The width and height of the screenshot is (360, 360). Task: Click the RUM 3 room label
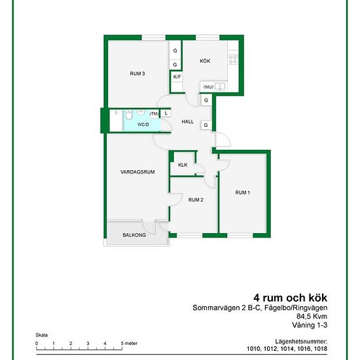[x=137, y=74]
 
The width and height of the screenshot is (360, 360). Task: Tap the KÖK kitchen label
[x=205, y=61]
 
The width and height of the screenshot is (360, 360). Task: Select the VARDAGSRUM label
[x=137, y=172]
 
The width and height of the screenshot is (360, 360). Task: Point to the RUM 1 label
[x=242, y=192]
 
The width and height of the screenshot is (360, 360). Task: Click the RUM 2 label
[x=196, y=200]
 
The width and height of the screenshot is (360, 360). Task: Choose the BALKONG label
[x=134, y=235]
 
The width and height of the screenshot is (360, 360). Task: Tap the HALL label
[x=188, y=122]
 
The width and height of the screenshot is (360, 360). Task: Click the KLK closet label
[x=183, y=165]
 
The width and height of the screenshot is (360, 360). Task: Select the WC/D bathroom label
[x=143, y=124]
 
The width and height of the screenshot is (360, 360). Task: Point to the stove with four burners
[x=233, y=59]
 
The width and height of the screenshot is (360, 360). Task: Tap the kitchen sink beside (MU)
[x=220, y=87]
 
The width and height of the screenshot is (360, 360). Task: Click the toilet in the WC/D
[x=129, y=115]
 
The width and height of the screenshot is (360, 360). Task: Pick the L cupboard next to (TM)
[x=166, y=113]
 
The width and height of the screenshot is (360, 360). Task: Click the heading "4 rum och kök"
[x=290, y=298]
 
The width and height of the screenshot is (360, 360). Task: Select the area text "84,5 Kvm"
[x=312, y=316]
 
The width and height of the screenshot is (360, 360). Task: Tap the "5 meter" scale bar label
[x=129, y=344]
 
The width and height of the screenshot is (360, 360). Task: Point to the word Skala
[x=41, y=335]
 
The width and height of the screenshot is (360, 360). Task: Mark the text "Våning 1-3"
[x=310, y=325]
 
